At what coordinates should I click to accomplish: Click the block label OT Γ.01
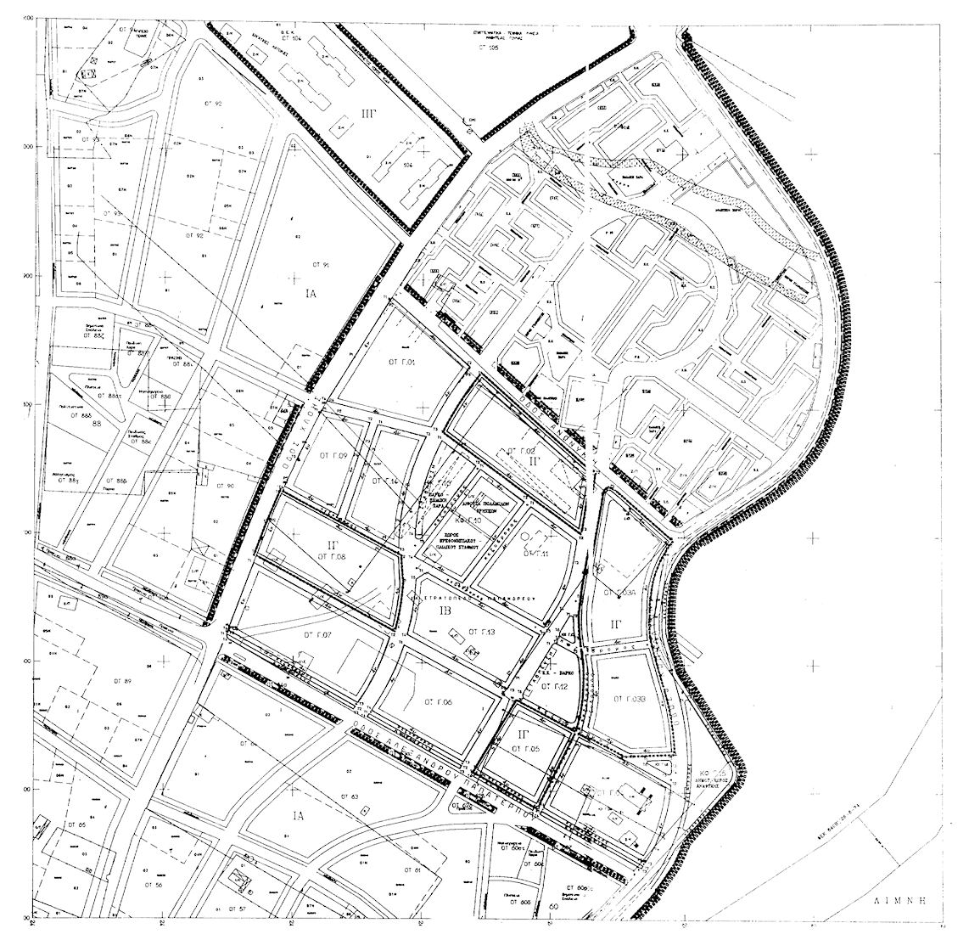pyautogui.click(x=400, y=363)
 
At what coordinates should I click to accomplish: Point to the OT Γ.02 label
pyautogui.click(x=519, y=449)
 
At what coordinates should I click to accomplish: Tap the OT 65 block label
pyautogui.click(x=76, y=824)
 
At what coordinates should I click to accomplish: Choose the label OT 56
pyautogui.click(x=154, y=884)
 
